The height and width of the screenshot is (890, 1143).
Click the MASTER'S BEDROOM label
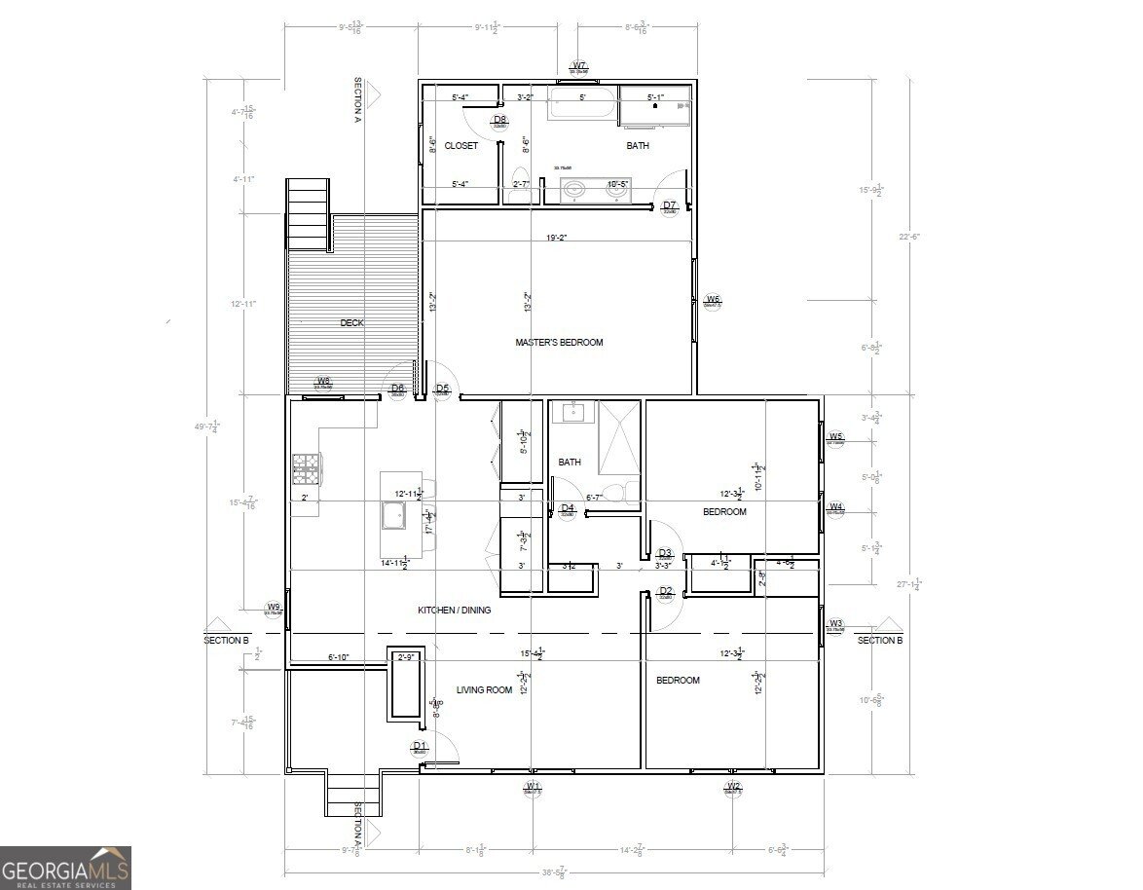[559, 342]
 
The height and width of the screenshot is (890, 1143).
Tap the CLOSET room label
[461, 146]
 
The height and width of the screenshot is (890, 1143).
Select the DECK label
[352, 323]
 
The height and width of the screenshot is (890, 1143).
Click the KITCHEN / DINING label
[454, 611]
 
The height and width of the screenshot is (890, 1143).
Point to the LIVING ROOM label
[484, 690]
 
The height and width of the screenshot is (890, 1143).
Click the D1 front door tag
[420, 748]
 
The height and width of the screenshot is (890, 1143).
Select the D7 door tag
[669, 206]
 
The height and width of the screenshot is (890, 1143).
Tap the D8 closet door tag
[499, 121]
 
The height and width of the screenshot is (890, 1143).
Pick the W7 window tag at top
[579, 67]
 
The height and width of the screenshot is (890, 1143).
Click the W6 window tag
[713, 300]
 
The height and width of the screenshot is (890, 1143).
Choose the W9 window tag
[275, 609]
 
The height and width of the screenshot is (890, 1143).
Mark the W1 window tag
[533, 787]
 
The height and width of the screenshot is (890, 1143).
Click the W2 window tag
[733, 787]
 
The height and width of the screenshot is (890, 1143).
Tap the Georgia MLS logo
[65, 867]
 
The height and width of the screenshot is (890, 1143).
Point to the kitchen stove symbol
[305, 470]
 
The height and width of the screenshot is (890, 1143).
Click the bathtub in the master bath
[581, 104]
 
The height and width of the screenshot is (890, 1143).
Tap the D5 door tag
[442, 389]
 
